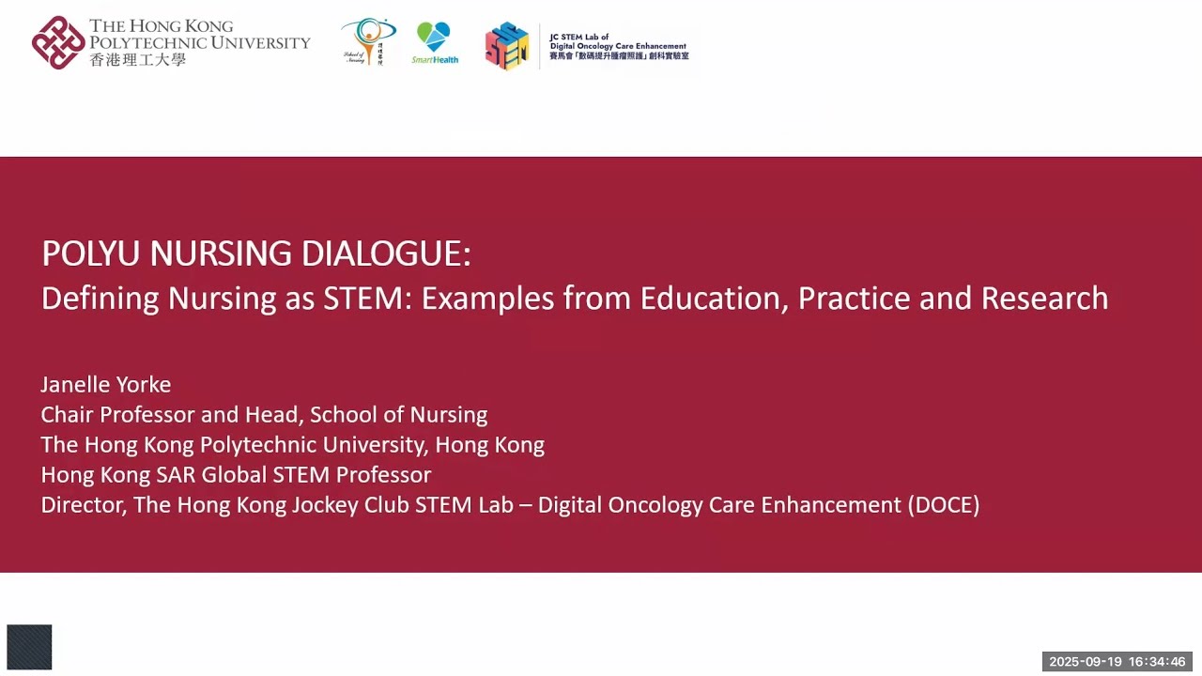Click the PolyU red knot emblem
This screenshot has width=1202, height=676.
point(58,42)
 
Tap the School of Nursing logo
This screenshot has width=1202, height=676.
point(368,41)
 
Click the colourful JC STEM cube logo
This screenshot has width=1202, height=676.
point(507,45)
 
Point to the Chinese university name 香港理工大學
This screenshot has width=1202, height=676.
point(137,59)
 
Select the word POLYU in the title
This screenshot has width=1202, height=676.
point(90,253)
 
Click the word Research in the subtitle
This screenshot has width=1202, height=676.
point(1044,299)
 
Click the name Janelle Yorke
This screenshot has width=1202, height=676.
point(106,385)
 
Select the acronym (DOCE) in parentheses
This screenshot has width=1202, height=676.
point(943,505)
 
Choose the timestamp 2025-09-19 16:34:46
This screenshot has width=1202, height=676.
point(1117,662)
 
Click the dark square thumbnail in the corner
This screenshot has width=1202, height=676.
point(29,647)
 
